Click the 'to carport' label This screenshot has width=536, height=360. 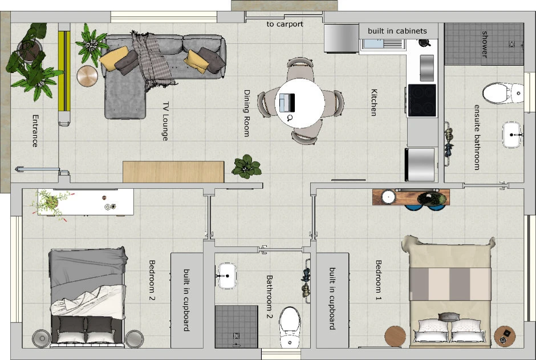(x=285, y=25)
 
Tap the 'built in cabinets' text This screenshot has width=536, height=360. (x=397, y=31)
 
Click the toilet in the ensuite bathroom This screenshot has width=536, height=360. (x=503, y=93)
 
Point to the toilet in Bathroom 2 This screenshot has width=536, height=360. (x=290, y=327)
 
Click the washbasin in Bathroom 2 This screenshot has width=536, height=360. (x=226, y=276)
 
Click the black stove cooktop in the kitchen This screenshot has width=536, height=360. (x=422, y=100)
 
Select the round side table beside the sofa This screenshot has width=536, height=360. (x=87, y=76)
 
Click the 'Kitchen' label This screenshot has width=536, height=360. (x=374, y=103)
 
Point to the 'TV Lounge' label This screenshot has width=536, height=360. (x=165, y=122)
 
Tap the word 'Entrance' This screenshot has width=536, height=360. (x=35, y=131)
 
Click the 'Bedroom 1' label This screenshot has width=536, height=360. (x=379, y=280)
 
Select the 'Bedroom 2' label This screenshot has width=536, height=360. (x=152, y=280)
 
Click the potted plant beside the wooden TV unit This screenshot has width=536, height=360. (x=246, y=167)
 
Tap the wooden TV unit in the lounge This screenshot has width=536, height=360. (x=173, y=172)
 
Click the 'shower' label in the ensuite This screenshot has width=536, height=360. (x=485, y=44)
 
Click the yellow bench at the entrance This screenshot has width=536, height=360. (x=64, y=71)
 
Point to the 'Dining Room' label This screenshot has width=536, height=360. (x=247, y=113)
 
